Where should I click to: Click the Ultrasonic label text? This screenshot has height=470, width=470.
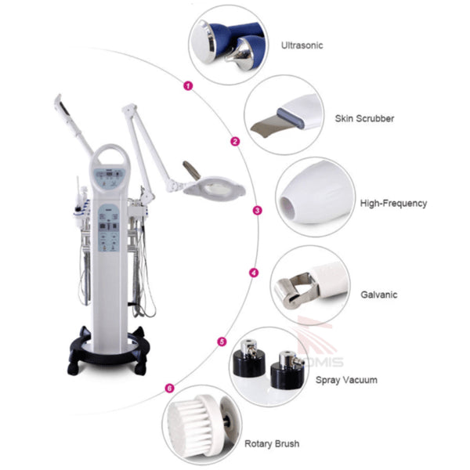(302, 45)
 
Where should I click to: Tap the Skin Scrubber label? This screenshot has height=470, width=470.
(364, 119)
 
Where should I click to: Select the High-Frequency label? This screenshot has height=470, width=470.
(393, 204)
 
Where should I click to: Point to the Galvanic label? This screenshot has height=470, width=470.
(378, 295)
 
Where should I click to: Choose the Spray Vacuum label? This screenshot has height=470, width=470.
(346, 380)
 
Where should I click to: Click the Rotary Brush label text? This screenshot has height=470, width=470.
(271, 444)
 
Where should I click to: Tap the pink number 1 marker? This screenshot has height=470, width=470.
(187, 86)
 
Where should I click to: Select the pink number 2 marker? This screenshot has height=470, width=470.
(234, 142)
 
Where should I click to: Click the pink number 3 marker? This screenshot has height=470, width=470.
(257, 210)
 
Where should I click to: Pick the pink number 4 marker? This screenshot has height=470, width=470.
(253, 273)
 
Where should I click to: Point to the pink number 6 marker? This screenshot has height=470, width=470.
(170, 388)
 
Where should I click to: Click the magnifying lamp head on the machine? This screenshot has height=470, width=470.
(215, 186)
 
